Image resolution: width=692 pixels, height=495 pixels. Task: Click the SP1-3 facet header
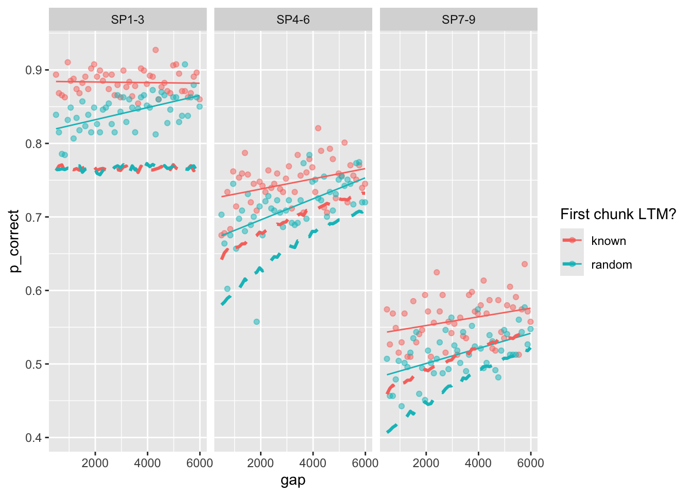click(x=128, y=20)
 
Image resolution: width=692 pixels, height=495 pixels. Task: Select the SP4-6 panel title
click(x=293, y=20)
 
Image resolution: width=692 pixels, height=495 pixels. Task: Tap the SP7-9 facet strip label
click(x=458, y=20)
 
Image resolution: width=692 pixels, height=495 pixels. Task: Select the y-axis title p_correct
click(x=14, y=241)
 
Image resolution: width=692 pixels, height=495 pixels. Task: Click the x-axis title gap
click(x=293, y=481)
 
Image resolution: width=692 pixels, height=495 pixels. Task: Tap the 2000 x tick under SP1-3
click(x=95, y=463)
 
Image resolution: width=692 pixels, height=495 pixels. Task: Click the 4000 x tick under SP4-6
click(x=313, y=463)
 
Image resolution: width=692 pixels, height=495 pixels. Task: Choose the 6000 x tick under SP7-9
click(x=530, y=463)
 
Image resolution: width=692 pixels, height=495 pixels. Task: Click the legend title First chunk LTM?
click(x=618, y=214)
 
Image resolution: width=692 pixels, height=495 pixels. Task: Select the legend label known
click(x=609, y=241)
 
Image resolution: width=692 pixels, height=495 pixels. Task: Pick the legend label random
click(x=611, y=265)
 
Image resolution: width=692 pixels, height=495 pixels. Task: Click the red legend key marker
click(x=572, y=240)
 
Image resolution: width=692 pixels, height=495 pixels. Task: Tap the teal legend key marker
click(x=572, y=264)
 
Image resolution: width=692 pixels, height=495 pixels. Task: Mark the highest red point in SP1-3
click(x=155, y=50)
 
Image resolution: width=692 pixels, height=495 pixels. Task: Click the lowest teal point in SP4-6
click(x=256, y=322)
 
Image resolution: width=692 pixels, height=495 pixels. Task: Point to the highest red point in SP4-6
click(x=318, y=128)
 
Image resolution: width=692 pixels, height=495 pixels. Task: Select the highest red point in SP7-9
click(x=525, y=264)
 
